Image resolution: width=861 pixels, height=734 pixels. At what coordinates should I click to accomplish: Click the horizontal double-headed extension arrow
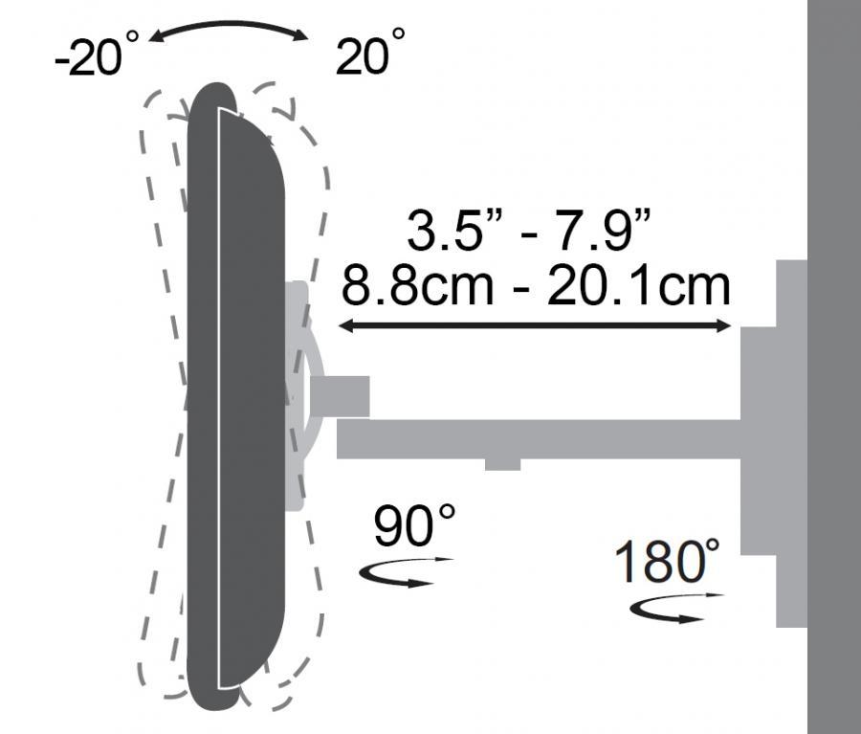[536, 326]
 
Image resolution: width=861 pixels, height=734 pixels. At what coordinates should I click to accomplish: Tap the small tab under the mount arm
[502, 464]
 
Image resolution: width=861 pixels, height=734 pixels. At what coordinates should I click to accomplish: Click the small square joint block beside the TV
[341, 395]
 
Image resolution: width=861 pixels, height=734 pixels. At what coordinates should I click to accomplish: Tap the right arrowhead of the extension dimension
[726, 326]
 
